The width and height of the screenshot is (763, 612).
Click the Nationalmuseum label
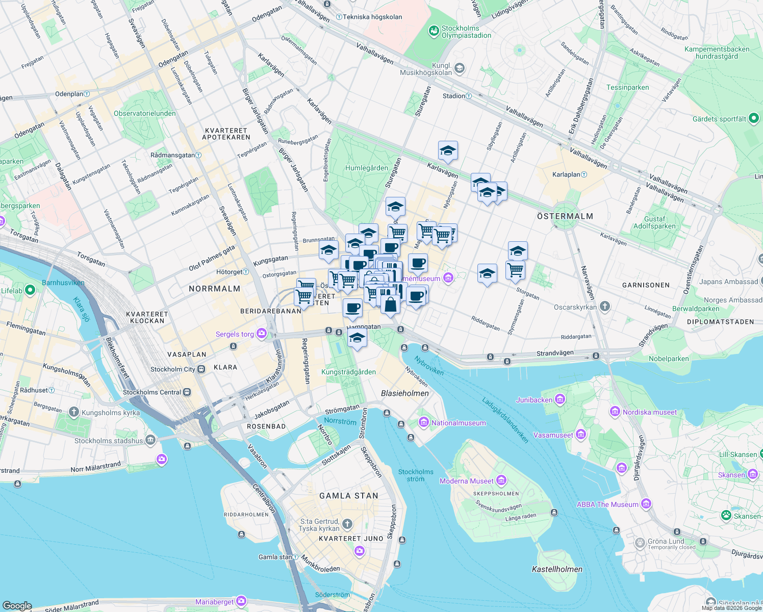pyautogui.click(x=459, y=423)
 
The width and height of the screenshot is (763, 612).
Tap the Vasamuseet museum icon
pyautogui.click(x=580, y=435)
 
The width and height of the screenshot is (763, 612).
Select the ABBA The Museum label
pyautogui.click(x=607, y=504)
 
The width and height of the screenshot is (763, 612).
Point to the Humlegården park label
pyautogui.click(x=367, y=168)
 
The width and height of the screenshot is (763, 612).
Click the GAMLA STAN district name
pyautogui.click(x=349, y=496)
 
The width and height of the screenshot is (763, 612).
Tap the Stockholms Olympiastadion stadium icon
pyautogui.click(x=434, y=32)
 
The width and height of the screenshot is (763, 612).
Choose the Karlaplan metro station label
pyautogui.click(x=566, y=174)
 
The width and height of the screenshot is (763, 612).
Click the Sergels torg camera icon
pyautogui.click(x=262, y=334)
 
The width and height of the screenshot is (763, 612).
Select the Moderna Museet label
pyautogui.click(x=467, y=481)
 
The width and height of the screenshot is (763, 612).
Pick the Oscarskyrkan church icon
pyautogui.click(x=604, y=307)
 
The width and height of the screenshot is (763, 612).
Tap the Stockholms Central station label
pyautogui.click(x=152, y=392)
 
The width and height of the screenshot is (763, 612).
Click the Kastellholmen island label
pyautogui.click(x=557, y=569)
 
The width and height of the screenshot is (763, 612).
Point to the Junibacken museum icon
pyautogui.click(x=560, y=399)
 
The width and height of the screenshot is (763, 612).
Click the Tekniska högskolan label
pyautogui.click(x=372, y=17)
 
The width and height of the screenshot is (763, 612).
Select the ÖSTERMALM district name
pyautogui.click(x=565, y=216)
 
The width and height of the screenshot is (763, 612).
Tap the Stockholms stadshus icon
pyautogui.click(x=150, y=440)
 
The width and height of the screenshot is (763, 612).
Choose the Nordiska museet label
pyautogui.click(x=650, y=412)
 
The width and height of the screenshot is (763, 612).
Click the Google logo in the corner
pyautogui.click(x=17, y=605)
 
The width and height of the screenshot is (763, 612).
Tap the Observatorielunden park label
pyautogui.click(x=145, y=113)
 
